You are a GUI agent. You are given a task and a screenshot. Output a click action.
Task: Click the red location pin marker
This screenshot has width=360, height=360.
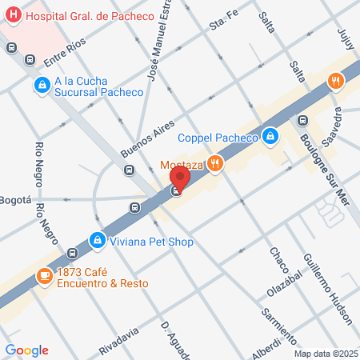tap(181, 178)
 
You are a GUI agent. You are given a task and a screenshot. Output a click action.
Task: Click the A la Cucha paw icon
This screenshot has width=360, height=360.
tap(41, 84)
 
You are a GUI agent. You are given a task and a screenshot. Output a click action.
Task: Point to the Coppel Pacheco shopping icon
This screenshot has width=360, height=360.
tap(271, 137)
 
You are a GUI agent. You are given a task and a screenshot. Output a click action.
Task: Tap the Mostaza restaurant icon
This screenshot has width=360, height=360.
tap(214, 164)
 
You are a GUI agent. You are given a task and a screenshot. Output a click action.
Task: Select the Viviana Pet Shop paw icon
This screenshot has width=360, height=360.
tap(97, 240)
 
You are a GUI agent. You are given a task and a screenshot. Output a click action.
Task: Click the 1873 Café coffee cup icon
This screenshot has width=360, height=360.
tap(44, 278)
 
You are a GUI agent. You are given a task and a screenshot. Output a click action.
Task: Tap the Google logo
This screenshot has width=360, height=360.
tap(27, 350)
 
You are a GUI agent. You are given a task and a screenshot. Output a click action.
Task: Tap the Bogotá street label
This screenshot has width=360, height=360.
tap(15, 199)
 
